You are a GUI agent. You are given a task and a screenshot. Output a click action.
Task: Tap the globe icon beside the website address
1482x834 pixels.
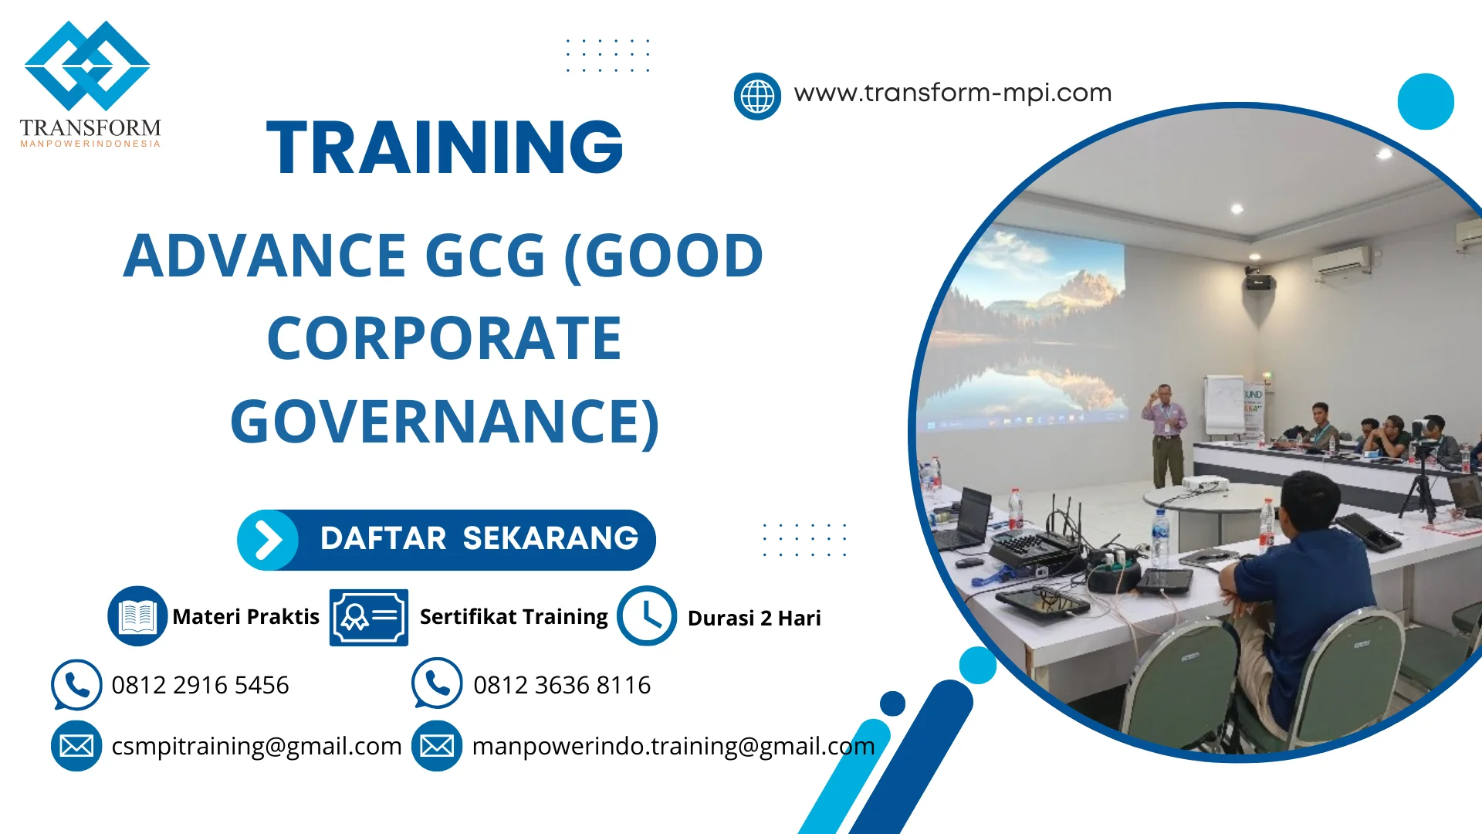[757, 97]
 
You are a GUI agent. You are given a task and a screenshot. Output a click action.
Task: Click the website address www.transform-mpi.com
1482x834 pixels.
[952, 93]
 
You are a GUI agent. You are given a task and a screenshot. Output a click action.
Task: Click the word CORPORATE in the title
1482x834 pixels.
[445, 338]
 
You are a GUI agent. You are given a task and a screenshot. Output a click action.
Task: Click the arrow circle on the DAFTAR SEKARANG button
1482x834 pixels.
[267, 540]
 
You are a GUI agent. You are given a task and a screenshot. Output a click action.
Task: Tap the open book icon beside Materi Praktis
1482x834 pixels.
[137, 616]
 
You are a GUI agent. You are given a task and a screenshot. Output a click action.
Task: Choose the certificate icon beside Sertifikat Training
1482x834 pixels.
[368, 617]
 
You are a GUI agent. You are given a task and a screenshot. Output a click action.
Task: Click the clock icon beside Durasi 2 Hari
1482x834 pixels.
[647, 616]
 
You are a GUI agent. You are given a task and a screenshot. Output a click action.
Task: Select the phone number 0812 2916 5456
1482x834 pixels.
[200, 685]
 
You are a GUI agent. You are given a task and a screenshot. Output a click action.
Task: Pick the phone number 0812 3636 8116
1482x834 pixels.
[561, 685]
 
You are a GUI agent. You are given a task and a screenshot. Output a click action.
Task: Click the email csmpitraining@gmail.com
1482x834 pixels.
[256, 746]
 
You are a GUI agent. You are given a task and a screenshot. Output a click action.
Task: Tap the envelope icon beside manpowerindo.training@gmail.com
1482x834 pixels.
[437, 746]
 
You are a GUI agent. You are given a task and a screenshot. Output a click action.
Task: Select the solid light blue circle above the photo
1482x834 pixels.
[1425, 101]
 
